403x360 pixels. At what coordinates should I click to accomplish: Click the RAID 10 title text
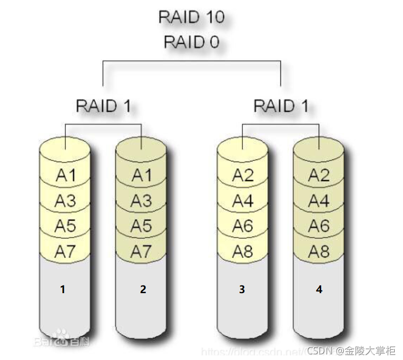[x=191, y=17]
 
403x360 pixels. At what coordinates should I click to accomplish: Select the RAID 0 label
[x=191, y=42]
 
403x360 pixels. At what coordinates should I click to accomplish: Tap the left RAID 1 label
[x=103, y=106]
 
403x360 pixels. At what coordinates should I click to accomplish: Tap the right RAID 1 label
[x=281, y=106]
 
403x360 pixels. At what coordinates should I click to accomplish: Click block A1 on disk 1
[x=65, y=175]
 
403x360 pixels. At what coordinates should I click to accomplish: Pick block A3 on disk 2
[x=142, y=201]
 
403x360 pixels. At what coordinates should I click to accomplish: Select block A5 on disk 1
[x=65, y=226]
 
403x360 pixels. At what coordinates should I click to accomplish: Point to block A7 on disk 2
[x=142, y=251]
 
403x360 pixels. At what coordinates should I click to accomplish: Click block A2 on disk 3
[x=243, y=175]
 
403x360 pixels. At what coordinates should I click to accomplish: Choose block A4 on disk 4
[x=319, y=201]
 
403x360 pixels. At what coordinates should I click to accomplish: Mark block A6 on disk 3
[x=243, y=226]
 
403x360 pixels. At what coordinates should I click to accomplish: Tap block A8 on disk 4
[x=319, y=251]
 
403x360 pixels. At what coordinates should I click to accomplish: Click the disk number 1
[x=63, y=290]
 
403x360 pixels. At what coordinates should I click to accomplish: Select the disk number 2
[x=143, y=290]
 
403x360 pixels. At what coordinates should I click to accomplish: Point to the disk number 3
[x=242, y=290]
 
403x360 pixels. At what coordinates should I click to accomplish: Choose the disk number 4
[x=319, y=290]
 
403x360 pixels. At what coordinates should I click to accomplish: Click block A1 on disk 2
[x=142, y=175]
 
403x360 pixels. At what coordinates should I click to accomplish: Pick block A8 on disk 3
[x=243, y=251]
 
